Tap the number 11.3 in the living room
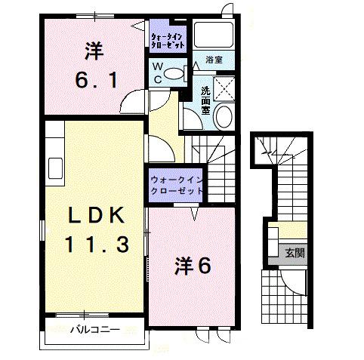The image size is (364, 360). click(93, 245)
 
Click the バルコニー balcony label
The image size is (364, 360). click(95, 330)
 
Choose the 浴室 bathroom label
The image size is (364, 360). click(214, 59)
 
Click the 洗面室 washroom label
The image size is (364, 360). click(205, 100)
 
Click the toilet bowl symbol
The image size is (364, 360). click(174, 73)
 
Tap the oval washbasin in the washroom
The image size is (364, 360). click(223, 117)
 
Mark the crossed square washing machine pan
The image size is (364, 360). click(224, 88)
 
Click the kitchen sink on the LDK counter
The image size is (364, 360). click(54, 165)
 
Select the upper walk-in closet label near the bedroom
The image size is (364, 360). click(166, 39)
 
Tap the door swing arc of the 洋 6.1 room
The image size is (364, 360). click(133, 103)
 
